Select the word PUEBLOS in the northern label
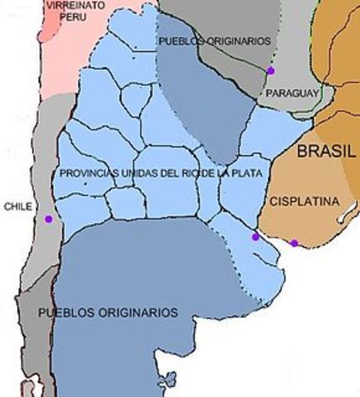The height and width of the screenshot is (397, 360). point(178,40)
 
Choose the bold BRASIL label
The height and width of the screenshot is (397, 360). point(326,151)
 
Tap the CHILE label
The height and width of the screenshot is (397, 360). point(18,207)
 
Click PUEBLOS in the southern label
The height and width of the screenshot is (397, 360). point(65,313)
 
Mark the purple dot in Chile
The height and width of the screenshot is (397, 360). point(48,219)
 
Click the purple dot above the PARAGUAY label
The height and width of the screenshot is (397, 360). point(271,71)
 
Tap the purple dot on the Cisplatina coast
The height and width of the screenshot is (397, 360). point(295,242)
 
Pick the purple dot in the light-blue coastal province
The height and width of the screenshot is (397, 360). point(255,237)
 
